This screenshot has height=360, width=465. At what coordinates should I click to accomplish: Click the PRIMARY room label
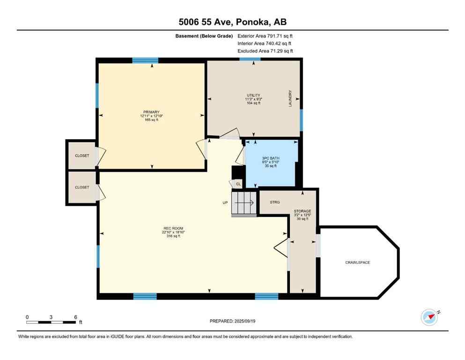(x=152, y=112)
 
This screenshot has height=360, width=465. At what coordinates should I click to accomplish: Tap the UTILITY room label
(x=253, y=95)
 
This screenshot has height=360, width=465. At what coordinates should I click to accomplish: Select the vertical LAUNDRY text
(x=290, y=98)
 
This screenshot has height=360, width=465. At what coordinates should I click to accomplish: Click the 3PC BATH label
(x=271, y=158)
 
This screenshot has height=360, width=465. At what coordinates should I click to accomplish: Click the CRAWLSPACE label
(x=357, y=262)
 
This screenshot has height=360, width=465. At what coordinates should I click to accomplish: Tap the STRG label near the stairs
(x=275, y=202)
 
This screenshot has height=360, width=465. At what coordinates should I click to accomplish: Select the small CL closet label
(x=238, y=184)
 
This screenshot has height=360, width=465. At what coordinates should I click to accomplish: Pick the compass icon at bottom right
(x=429, y=317)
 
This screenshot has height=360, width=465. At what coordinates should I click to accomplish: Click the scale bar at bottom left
(x=52, y=322)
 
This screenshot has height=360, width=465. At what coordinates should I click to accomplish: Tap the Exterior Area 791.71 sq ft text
(x=265, y=36)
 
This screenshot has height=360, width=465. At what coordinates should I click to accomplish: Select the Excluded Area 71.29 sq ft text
(x=265, y=51)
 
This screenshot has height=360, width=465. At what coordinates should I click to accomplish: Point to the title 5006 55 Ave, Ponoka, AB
(x=232, y=22)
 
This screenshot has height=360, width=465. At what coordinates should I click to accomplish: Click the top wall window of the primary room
(x=145, y=60)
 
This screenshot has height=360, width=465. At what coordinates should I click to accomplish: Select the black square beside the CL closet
(x=236, y=172)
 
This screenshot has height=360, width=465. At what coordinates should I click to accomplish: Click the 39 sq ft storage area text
(x=302, y=219)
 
